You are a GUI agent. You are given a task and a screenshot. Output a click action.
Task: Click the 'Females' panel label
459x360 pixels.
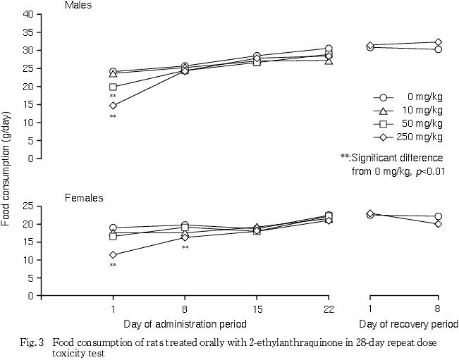(x=84, y=198)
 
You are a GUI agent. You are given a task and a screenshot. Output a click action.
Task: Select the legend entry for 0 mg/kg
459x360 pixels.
(x=408, y=97)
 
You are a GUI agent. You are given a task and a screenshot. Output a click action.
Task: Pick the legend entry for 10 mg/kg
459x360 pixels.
(x=408, y=111)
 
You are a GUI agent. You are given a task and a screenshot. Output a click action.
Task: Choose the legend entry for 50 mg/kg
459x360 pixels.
(x=408, y=123)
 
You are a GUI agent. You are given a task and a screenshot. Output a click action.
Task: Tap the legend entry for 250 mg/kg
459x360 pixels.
(x=408, y=137)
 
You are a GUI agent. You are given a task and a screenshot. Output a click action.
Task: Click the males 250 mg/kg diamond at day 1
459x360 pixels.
(x=113, y=106)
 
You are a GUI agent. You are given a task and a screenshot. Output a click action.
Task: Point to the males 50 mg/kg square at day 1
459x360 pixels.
(x=113, y=87)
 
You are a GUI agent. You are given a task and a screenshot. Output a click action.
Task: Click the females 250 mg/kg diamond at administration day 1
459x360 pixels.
(x=113, y=254)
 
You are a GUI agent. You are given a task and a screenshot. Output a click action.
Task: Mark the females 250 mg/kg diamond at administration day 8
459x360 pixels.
(x=185, y=237)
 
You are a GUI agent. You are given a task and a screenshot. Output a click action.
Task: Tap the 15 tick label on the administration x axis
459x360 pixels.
(x=257, y=309)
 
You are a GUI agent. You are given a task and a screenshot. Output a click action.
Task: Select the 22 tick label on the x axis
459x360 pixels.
(x=329, y=309)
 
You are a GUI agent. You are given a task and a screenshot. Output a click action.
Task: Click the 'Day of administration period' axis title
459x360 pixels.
(x=185, y=325)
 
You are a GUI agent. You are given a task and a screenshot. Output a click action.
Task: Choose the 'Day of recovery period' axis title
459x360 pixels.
(x=403, y=325)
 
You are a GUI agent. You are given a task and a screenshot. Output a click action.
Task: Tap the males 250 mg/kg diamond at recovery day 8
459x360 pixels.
(x=438, y=42)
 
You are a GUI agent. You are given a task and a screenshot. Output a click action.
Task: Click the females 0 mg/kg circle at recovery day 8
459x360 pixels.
(x=438, y=217)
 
